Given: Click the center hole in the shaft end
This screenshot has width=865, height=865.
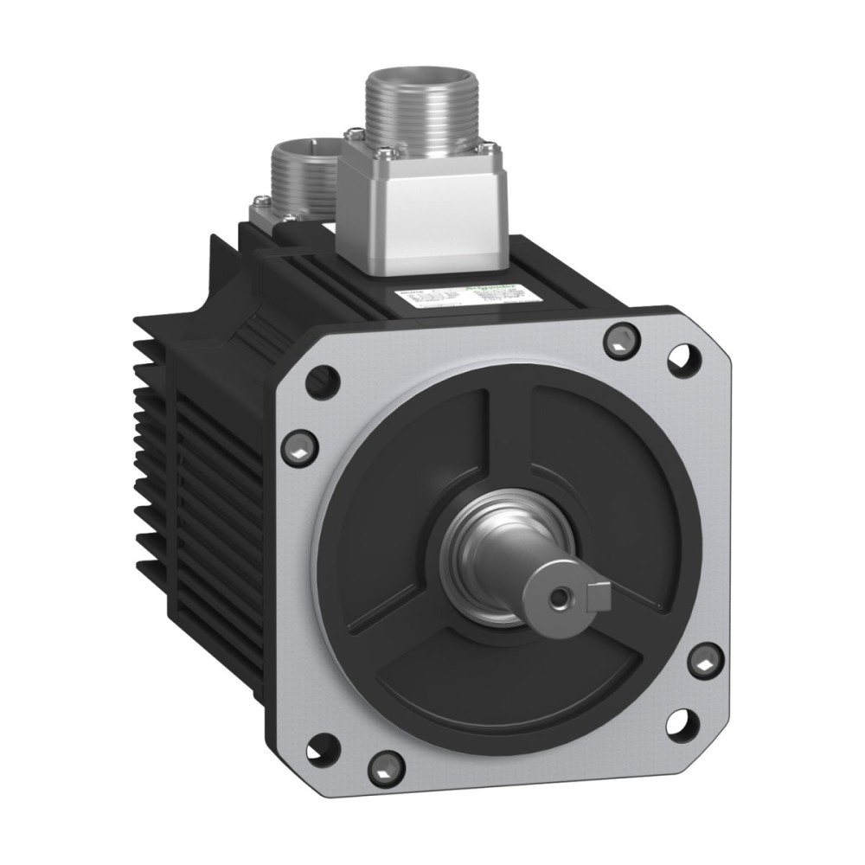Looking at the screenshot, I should tap(562, 598).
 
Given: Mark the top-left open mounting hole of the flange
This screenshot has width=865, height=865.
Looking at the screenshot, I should tap(324, 377).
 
